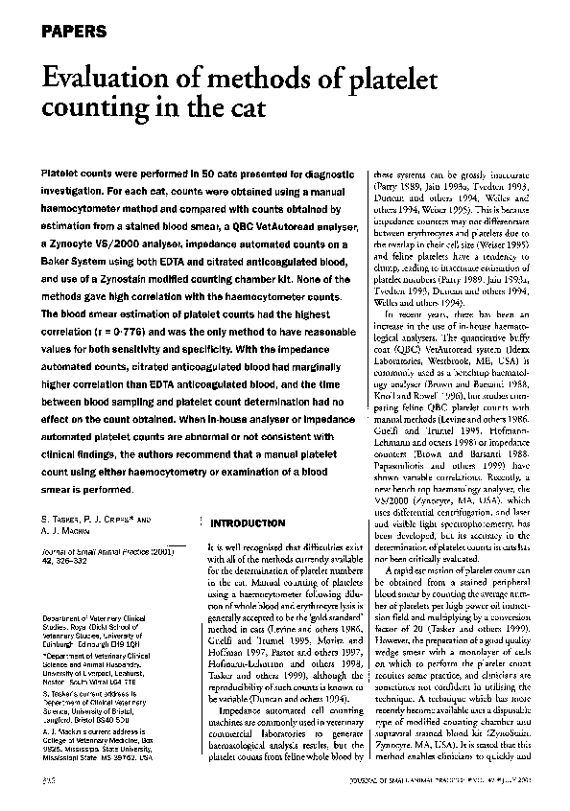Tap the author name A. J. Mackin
coord(64,530)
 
